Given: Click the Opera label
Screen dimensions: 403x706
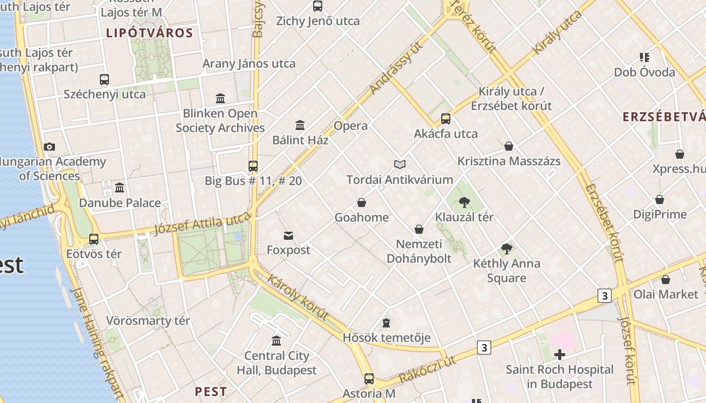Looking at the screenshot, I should click(350, 126).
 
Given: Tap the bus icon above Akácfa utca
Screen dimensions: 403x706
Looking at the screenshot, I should click(446, 119).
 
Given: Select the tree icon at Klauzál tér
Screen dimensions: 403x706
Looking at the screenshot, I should click(464, 203).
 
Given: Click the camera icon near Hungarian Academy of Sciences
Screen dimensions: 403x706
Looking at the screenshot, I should click(49, 147).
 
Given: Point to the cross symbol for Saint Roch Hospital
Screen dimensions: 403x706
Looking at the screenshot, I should click(559, 355).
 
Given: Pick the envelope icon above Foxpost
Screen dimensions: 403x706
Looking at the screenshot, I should click(288, 235).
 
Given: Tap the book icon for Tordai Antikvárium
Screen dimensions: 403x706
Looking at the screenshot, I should click(400, 164).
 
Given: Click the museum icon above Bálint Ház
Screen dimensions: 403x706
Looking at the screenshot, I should click(300, 125).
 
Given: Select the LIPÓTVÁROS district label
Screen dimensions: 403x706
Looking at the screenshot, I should click(149, 33).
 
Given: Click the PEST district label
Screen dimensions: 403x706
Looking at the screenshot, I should click(211, 391).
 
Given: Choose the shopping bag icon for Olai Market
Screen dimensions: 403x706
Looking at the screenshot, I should click(666, 280).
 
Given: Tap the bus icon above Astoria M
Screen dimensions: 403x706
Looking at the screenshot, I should click(369, 378).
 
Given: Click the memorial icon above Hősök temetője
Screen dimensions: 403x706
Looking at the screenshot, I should click(386, 322).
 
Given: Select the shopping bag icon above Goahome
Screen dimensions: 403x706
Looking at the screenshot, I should click(362, 203).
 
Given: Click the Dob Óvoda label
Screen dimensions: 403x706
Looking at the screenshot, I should click(644, 73).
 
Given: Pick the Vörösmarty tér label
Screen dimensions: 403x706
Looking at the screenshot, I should click(148, 321).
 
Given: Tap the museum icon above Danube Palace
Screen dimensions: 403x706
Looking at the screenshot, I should click(120, 188).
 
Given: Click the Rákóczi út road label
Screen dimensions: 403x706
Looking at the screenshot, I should click(427, 369).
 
